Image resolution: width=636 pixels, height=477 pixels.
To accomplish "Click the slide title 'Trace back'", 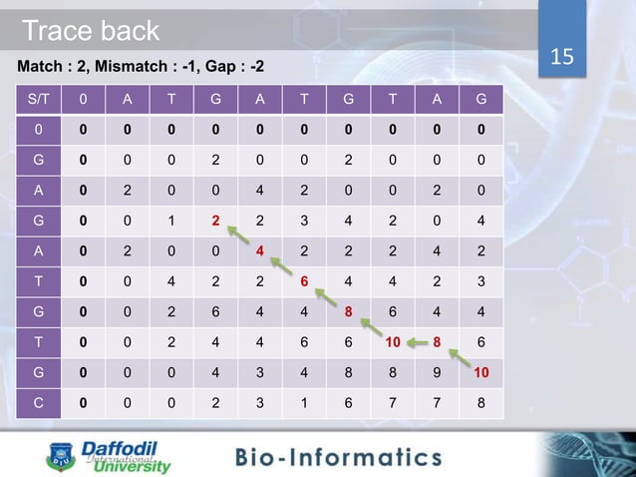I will (x=91, y=31).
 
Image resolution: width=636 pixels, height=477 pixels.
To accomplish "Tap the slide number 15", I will (x=563, y=56).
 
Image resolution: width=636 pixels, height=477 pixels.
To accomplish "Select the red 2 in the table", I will (x=213, y=221).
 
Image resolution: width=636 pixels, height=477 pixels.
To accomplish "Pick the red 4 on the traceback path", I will (x=259, y=250).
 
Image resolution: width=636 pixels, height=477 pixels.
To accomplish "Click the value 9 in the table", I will (x=439, y=372).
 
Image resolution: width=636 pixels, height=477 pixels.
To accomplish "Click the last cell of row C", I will (x=482, y=402).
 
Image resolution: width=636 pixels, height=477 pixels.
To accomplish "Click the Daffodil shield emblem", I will (x=58, y=459).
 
